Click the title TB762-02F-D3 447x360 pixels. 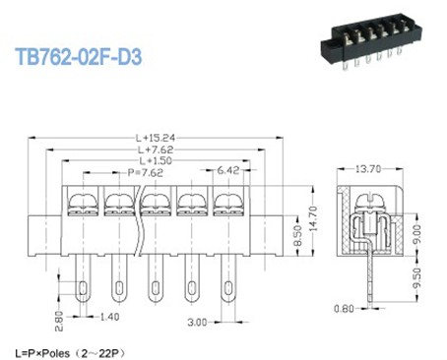pyautogui.click(x=79, y=58)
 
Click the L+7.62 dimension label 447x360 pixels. pyautogui.click(x=158, y=149)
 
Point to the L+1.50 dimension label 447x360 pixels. pyautogui.click(x=158, y=159)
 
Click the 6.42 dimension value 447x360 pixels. pyautogui.click(x=229, y=170)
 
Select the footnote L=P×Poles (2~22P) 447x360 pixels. pyautogui.click(x=70, y=351)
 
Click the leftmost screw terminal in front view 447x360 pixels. pyautogui.click(x=82, y=204)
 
